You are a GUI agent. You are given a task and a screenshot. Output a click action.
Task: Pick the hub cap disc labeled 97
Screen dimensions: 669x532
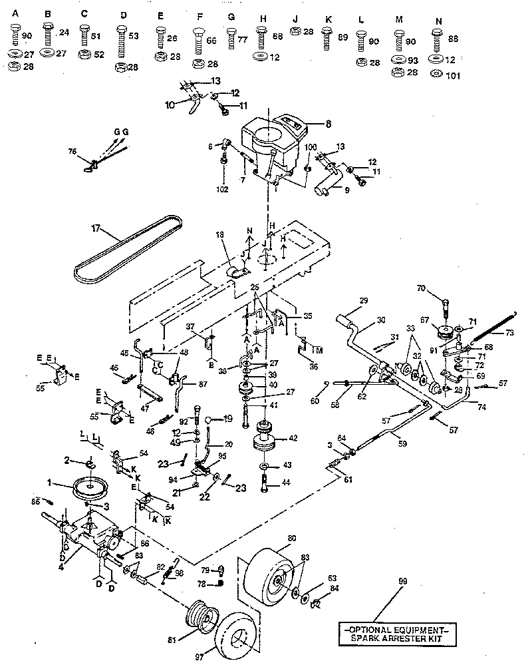pyautogui.click(x=237, y=636)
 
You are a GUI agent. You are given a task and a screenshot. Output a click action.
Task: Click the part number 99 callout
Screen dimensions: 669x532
pyautogui.click(x=401, y=581)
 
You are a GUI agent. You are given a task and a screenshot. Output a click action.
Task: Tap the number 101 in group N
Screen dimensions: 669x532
pyautogui.click(x=454, y=75)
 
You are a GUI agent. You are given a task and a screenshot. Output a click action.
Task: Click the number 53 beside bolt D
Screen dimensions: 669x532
pyautogui.click(x=134, y=34)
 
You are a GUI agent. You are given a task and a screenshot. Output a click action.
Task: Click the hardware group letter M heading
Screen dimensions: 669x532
pyautogui.click(x=399, y=20)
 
